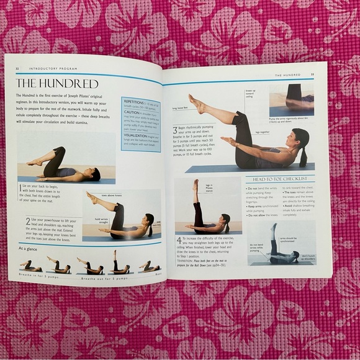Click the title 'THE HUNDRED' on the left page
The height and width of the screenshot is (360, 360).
(57, 83)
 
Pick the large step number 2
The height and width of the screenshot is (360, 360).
(29, 221)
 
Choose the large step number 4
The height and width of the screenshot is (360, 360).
(179, 240)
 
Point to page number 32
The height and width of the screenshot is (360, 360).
(18, 70)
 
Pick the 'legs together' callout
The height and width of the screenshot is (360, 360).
(261, 132)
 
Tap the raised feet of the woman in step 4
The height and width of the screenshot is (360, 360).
(196, 184)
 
